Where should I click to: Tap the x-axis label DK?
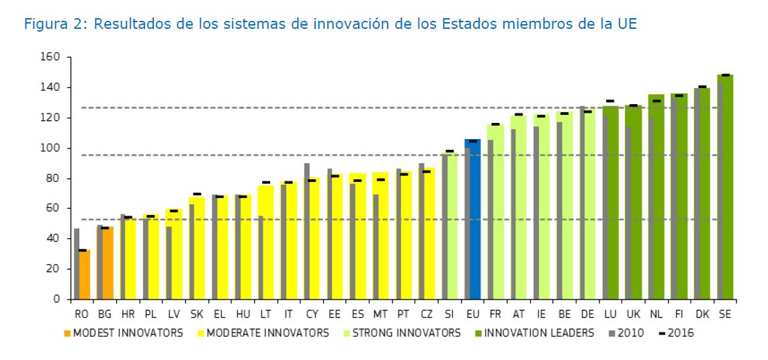[x=702, y=314]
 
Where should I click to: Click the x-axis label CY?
[x=311, y=314]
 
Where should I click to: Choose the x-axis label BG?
[x=105, y=314]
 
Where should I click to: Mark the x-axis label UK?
[x=633, y=314]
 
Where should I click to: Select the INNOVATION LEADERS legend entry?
[x=538, y=332]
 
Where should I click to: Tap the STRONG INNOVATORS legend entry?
[x=404, y=332]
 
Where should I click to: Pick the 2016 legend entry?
[x=681, y=332]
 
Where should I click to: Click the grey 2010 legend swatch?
[x=611, y=332]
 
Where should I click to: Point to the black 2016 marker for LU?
[x=610, y=101]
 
